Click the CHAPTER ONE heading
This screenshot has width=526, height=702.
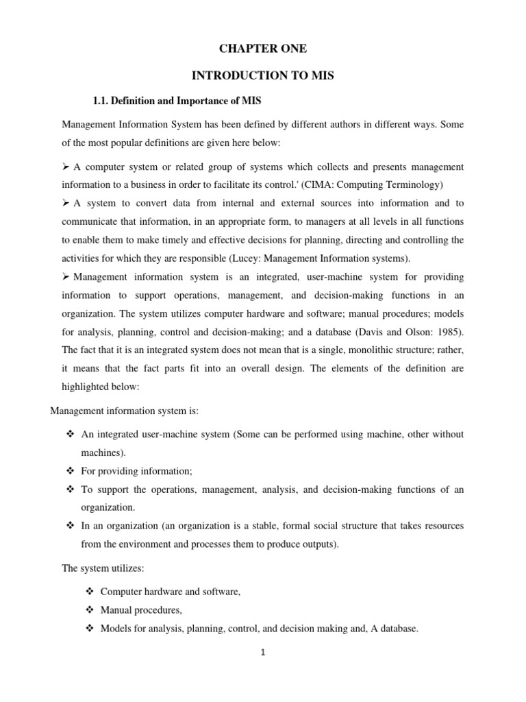[x=263, y=48]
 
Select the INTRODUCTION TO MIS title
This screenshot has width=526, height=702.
[x=263, y=75]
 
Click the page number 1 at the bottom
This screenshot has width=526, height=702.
[x=263, y=653]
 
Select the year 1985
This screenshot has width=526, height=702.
[x=448, y=332]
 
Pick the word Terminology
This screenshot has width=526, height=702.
[x=414, y=184]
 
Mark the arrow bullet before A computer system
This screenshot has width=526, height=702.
[x=66, y=167]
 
